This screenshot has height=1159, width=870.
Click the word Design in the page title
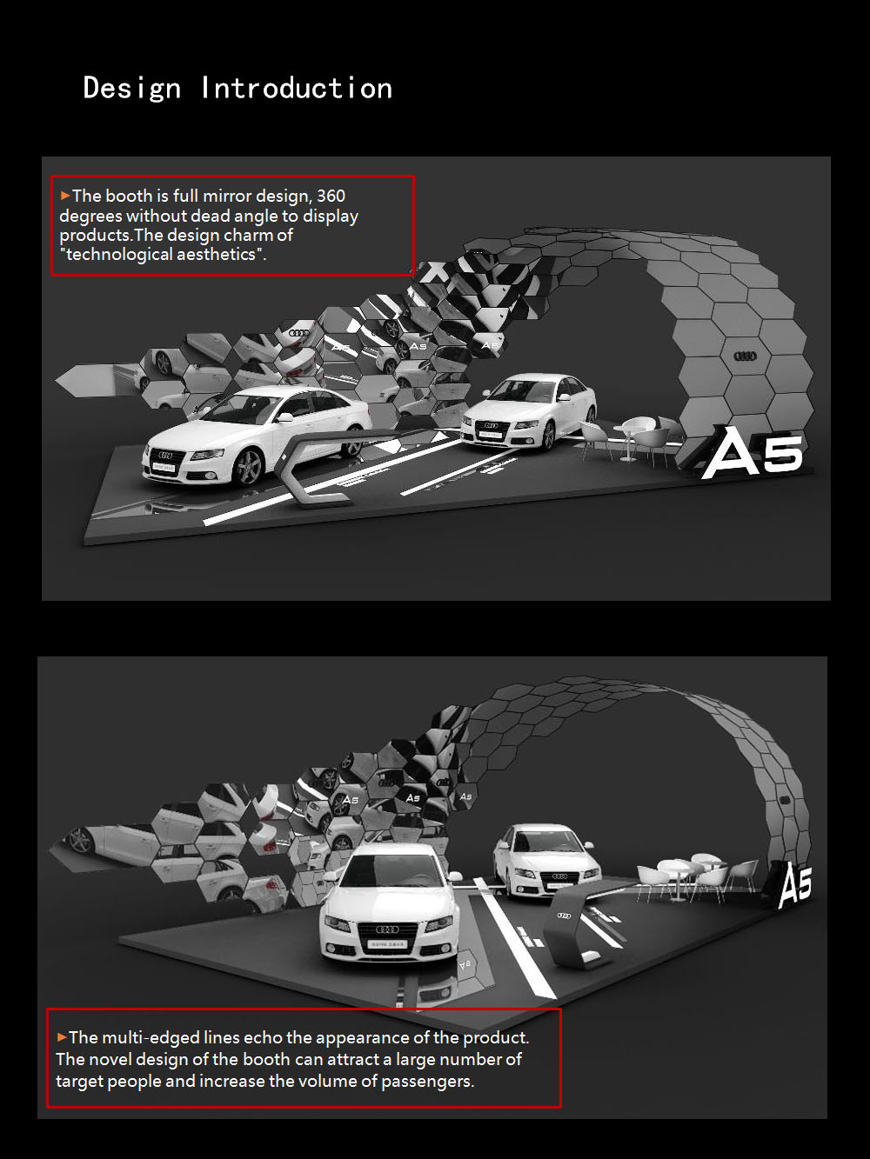click(132, 88)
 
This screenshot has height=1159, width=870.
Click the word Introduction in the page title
click(297, 88)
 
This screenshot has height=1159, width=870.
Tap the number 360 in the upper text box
click(331, 196)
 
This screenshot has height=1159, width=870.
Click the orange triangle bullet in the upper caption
click(65, 196)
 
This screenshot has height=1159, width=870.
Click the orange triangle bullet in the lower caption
click(62, 1037)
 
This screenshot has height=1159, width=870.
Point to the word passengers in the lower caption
click(427, 1081)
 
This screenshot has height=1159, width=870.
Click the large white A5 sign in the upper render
click(753, 453)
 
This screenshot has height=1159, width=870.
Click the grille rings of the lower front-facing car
click(387, 929)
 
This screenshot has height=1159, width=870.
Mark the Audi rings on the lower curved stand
click(565, 915)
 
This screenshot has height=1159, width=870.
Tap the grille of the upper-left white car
click(164, 456)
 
